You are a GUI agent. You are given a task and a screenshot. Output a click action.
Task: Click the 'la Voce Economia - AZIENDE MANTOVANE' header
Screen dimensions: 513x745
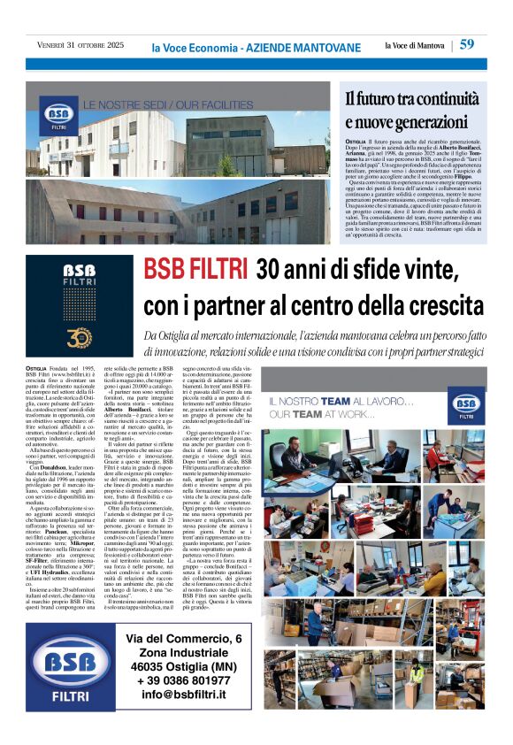(x=256, y=47)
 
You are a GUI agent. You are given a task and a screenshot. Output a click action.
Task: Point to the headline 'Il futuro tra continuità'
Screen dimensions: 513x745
(x=413, y=99)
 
